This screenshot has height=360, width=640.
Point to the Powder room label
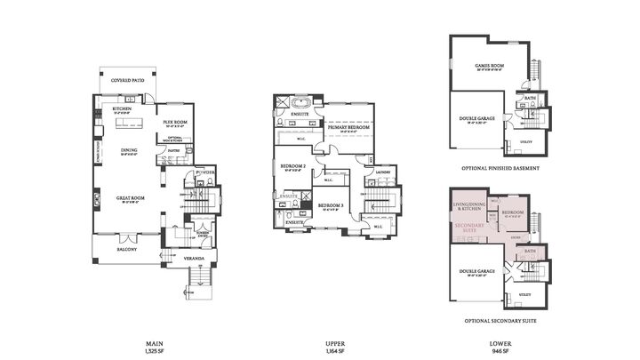coord(206,172)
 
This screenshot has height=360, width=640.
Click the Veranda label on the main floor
coord(194,259)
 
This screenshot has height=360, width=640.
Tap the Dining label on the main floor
coord(130,150)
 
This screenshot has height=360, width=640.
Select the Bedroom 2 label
coord(293,166)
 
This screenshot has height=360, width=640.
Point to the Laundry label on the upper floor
coord(383,172)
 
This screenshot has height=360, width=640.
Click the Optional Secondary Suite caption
coord(499,320)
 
